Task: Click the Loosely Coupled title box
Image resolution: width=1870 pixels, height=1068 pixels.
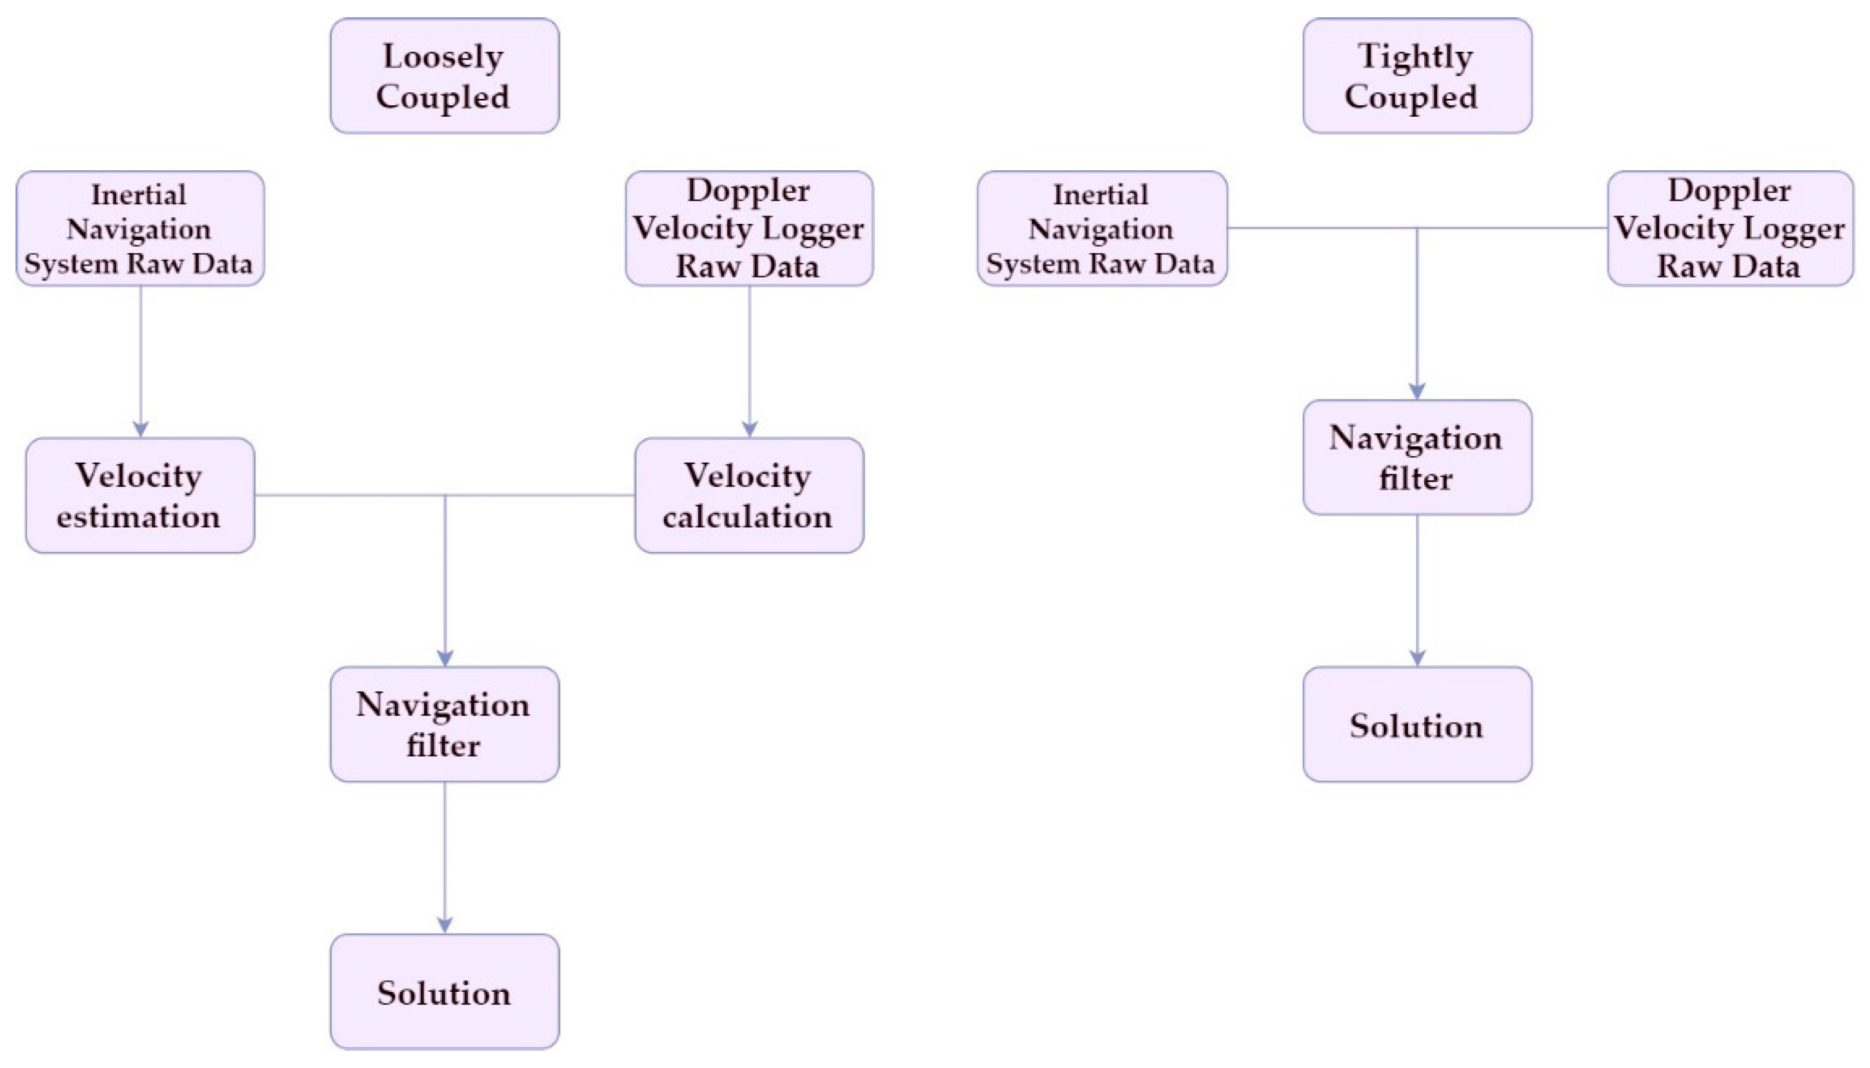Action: [x=445, y=76]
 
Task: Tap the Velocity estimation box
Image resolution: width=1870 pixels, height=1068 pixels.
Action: [x=140, y=496]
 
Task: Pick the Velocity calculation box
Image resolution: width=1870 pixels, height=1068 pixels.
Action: [x=749, y=496]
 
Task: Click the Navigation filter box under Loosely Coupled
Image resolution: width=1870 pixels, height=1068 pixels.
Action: [x=445, y=725]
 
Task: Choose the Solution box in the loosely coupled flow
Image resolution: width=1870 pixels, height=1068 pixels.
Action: [x=445, y=992]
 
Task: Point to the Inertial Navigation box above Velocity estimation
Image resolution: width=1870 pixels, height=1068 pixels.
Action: [x=140, y=228]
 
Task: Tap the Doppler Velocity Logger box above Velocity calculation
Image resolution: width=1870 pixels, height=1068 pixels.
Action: [x=749, y=228]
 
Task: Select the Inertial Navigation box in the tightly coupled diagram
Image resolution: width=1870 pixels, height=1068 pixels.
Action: [x=1102, y=228]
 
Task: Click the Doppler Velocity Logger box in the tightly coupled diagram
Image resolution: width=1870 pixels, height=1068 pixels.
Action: [x=1729, y=228]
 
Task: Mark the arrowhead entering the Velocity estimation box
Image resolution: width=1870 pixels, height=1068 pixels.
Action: [x=141, y=429]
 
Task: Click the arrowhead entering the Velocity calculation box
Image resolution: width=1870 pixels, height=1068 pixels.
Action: [x=749, y=429]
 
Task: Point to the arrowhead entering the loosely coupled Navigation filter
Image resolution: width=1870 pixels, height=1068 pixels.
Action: [x=445, y=658]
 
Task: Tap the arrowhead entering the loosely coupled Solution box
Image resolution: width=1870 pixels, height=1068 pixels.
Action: [x=445, y=925]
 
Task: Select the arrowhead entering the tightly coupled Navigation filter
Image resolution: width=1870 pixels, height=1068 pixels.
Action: [x=1417, y=391]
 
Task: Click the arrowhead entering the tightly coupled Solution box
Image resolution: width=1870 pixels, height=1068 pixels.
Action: [x=1417, y=658]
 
